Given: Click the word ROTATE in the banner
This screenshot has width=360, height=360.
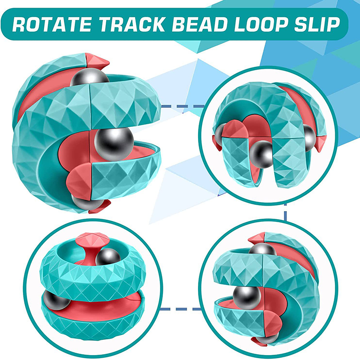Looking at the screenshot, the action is tap(52, 24).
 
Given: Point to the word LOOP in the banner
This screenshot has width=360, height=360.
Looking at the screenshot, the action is tap(261, 24).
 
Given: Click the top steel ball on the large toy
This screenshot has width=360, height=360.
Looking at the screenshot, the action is tap(90, 77).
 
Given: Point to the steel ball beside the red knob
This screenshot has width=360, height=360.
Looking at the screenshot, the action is tap(108, 256).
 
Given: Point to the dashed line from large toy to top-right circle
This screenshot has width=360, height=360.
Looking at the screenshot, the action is tap(183, 106).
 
